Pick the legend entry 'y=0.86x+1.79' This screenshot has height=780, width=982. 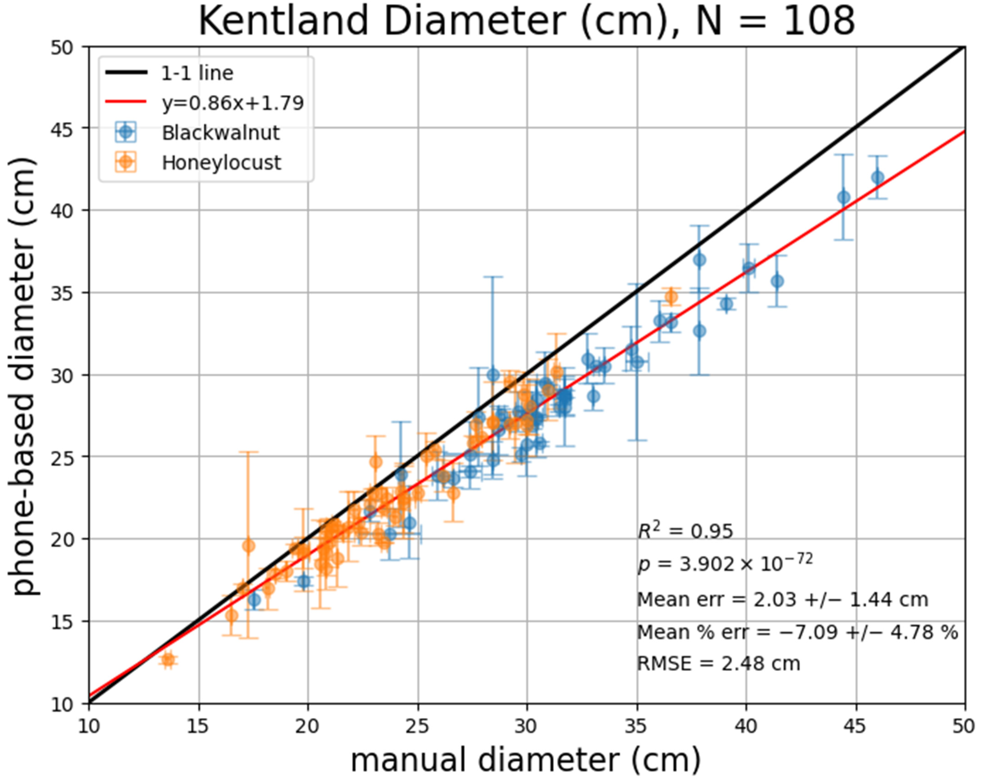tap(232, 103)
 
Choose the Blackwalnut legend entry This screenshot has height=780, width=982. tap(220, 133)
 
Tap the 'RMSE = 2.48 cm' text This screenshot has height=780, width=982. tap(718, 664)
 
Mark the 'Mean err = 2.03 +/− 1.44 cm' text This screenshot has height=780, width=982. tap(782, 600)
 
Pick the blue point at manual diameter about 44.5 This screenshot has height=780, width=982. tap(844, 197)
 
